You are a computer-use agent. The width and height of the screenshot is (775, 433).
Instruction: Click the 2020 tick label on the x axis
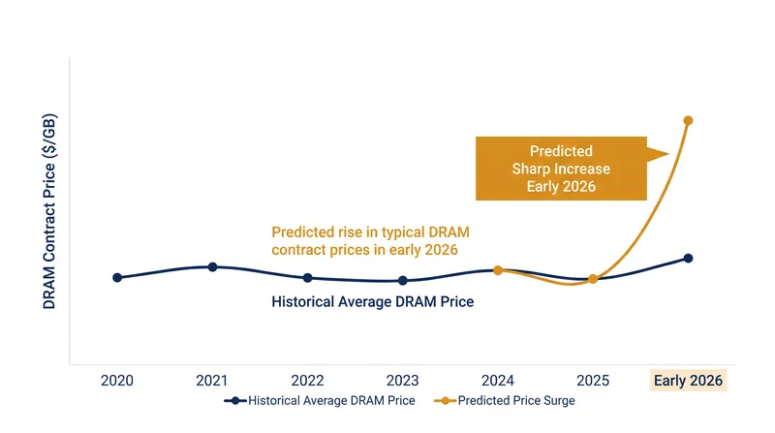pos(117,381)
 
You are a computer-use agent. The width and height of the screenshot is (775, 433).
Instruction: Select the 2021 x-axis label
pos(212,381)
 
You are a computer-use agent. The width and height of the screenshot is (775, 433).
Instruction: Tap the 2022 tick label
pos(307,381)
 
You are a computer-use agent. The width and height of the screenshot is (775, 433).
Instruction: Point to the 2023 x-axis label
pos(402,381)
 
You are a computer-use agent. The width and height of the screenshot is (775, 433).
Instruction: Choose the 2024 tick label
pos(498,381)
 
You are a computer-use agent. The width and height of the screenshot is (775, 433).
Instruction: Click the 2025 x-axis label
pos(593,381)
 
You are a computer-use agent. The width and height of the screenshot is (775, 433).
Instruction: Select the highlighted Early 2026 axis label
pos(688,381)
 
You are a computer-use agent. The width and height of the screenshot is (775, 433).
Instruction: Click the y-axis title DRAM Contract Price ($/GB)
pos(49,211)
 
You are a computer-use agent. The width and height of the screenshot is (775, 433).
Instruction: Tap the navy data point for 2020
pos(117,278)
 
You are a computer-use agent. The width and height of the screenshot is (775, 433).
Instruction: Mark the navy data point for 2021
pos(212,267)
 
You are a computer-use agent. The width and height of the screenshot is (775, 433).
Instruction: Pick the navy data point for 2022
pos(307,278)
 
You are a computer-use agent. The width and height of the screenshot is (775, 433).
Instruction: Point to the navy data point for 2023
pos(403,281)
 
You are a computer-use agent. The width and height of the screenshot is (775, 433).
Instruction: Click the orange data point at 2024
pos(498,270)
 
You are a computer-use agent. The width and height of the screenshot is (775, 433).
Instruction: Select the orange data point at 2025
pos(593,279)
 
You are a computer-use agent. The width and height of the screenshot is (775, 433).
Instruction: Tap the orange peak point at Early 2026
pos(688,121)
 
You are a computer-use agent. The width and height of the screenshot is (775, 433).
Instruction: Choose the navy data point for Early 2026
pos(688,258)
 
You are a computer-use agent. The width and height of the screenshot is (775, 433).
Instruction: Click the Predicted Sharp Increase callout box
pos(561,169)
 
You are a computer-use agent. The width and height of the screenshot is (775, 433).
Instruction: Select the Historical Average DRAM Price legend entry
pos(320,400)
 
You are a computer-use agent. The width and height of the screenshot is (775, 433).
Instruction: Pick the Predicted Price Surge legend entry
pos(505,400)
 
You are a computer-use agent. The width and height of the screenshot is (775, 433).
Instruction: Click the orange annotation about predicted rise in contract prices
pos(370,241)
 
